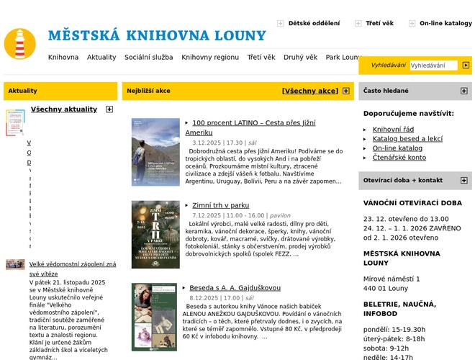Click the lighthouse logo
click(19, 43)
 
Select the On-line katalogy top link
click(445, 23)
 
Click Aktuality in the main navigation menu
click(101, 57)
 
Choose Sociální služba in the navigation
click(149, 57)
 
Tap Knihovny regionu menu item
click(210, 57)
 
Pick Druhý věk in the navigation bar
click(300, 57)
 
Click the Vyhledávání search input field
click(433, 66)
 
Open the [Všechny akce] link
click(309, 91)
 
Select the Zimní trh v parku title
click(220, 205)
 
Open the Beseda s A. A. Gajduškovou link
click(235, 288)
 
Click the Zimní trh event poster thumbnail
click(155, 234)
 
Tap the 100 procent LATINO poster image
click(155, 153)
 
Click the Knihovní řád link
click(393, 129)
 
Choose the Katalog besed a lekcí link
click(407, 138)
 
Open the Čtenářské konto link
click(399, 157)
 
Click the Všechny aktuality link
click(64, 109)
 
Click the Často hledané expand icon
click(463, 91)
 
